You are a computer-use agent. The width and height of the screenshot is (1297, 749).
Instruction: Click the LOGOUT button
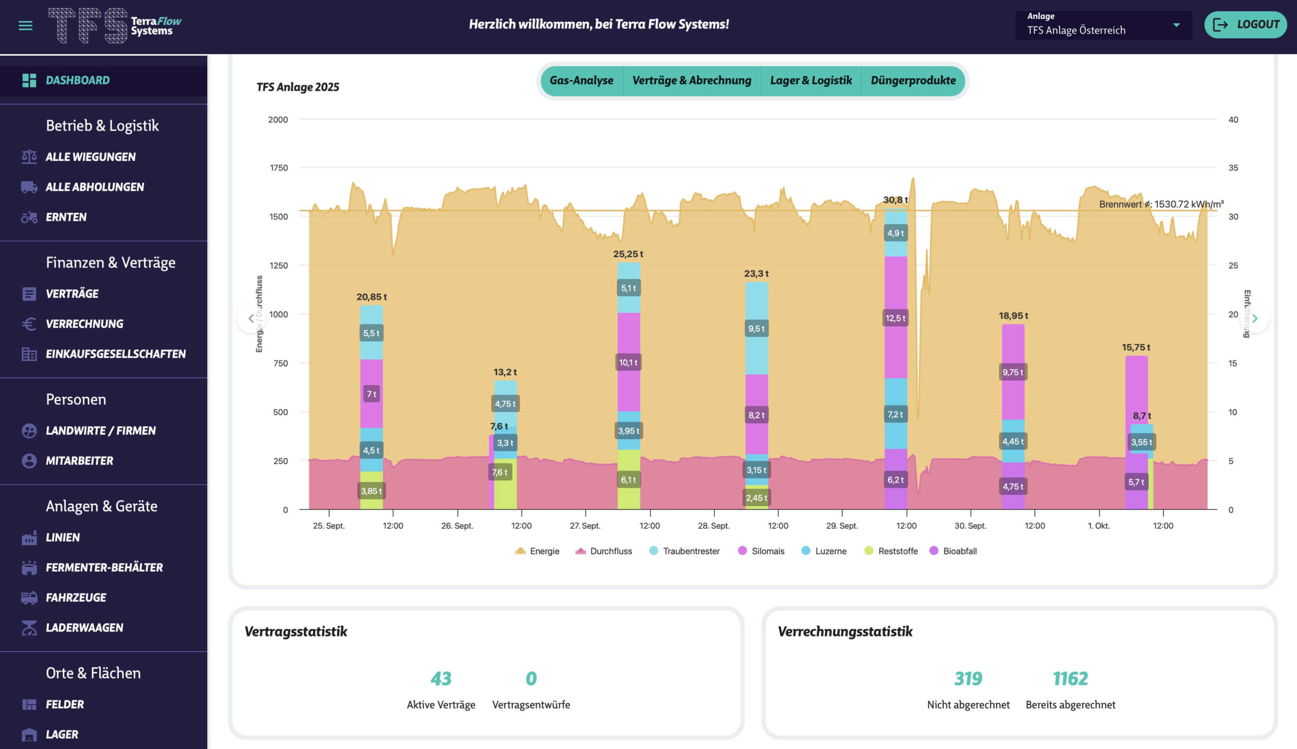tap(1245, 25)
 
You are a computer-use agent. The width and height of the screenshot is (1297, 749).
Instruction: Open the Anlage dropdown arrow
tap(1176, 25)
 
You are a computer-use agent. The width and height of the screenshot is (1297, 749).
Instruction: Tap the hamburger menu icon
tap(25, 25)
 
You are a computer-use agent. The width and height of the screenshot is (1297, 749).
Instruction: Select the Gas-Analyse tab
tap(581, 81)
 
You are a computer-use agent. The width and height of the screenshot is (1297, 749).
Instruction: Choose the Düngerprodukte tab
tap(913, 81)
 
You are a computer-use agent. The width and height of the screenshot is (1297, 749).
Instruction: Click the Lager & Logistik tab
tap(811, 81)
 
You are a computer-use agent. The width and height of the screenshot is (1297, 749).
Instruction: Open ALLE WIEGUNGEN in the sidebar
tap(91, 157)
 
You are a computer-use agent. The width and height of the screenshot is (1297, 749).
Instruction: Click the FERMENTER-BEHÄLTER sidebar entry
tap(104, 567)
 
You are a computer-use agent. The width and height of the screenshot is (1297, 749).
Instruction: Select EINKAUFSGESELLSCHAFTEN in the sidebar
tap(116, 354)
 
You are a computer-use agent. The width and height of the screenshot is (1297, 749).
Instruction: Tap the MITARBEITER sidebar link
tap(79, 461)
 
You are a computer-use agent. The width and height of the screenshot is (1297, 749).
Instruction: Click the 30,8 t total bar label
tap(895, 200)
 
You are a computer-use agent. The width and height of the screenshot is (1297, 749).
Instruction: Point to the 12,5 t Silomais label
tap(895, 318)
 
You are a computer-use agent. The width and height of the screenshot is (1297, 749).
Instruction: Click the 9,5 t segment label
tap(756, 329)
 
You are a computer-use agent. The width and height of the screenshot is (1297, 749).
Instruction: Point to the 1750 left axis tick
tap(279, 168)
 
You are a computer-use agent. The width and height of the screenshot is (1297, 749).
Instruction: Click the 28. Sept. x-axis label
tap(713, 526)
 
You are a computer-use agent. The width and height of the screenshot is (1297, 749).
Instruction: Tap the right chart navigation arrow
tap(1255, 319)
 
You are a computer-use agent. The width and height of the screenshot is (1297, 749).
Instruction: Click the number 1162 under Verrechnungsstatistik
tap(1070, 679)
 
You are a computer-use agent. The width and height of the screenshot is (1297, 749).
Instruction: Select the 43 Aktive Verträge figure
tap(441, 679)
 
